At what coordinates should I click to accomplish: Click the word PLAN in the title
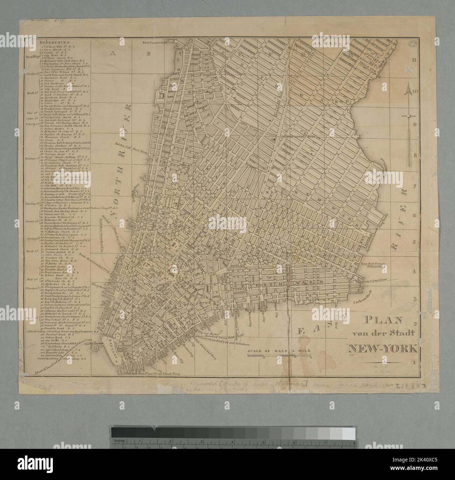[382, 320]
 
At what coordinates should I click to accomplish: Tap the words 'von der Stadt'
[382, 334]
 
